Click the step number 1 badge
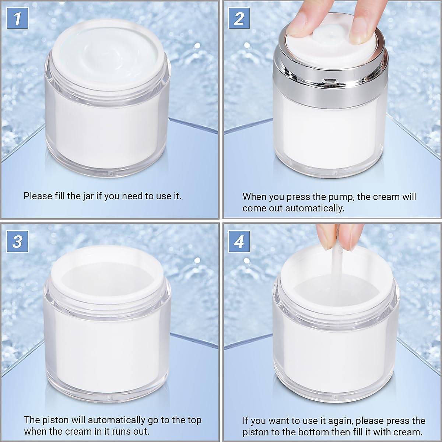[17, 18]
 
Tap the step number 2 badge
[239, 18]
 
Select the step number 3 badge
[17, 242]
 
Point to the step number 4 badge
[239, 242]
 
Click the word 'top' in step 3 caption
[194, 420]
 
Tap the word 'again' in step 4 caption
[338, 421]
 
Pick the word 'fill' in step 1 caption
[59, 196]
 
